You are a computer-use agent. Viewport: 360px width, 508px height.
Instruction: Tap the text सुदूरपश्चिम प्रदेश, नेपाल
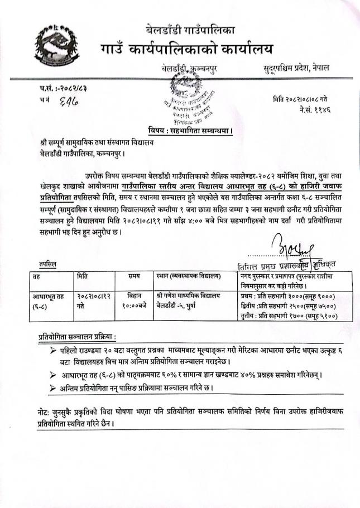[296, 68]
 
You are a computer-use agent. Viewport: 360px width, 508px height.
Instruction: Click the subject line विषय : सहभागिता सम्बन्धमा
[191, 130]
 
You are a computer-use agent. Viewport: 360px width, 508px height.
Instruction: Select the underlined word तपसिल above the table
[47, 262]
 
